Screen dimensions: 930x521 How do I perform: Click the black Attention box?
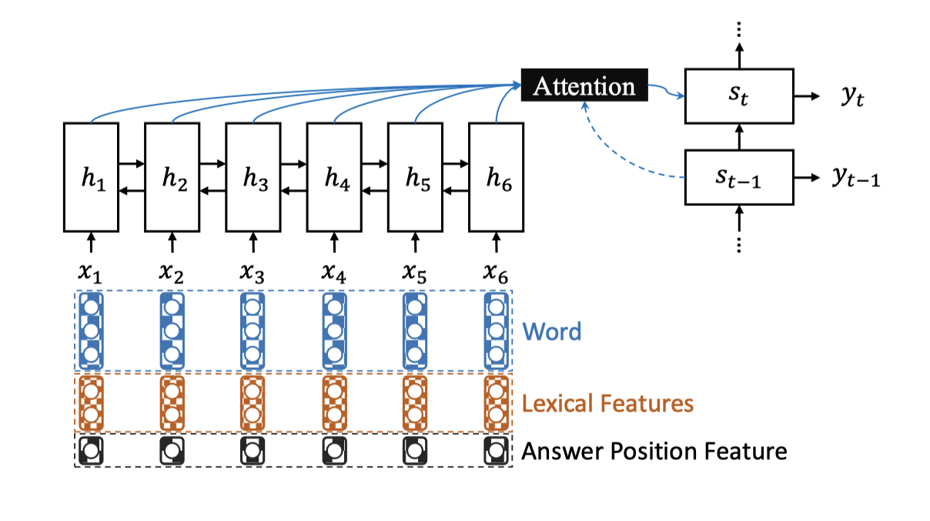(584, 86)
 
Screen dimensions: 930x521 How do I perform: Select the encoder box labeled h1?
(91, 177)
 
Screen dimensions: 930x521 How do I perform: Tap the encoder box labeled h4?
(334, 177)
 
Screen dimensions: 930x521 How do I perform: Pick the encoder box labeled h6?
(496, 177)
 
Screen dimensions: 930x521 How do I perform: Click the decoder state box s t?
(739, 96)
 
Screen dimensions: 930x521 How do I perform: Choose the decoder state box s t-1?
(739, 177)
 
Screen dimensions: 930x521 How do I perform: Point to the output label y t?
(853, 96)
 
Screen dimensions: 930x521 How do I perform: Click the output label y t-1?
(856, 178)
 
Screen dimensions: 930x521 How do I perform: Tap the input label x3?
(252, 274)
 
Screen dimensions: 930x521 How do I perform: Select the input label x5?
(414, 274)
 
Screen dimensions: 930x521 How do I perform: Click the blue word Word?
(552, 331)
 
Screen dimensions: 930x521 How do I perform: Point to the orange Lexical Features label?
(607, 403)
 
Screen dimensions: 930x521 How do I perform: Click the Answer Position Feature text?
(654, 451)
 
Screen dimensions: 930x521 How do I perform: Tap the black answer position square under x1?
(91, 451)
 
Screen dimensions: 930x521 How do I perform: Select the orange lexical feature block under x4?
(334, 403)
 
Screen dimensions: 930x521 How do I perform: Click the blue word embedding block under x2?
(172, 331)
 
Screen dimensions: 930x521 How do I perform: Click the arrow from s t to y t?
(807, 96)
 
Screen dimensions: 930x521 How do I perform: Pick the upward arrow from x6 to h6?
(496, 243)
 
